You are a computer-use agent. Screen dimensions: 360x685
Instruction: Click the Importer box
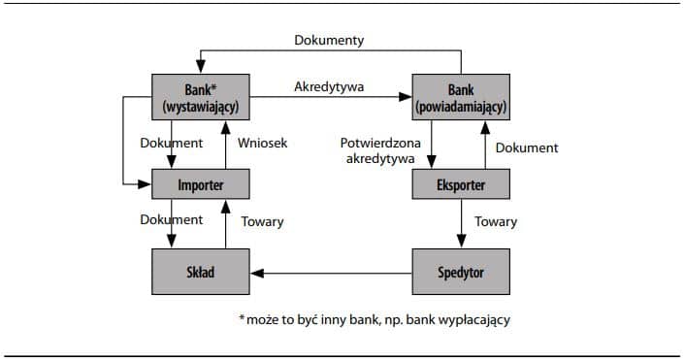coord(201,183)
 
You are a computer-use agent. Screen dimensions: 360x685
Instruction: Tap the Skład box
coord(201,271)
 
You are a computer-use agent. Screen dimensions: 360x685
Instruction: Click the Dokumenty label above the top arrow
coord(329,41)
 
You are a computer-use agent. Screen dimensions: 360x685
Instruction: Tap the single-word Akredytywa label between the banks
coord(329,86)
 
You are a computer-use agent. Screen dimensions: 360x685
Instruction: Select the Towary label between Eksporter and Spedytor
coord(496,221)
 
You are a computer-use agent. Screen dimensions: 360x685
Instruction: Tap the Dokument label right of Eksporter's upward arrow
coord(527,147)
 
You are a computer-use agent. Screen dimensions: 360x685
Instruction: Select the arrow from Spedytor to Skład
coord(331,272)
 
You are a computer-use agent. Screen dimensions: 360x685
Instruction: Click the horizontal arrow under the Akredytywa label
coord(331,97)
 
